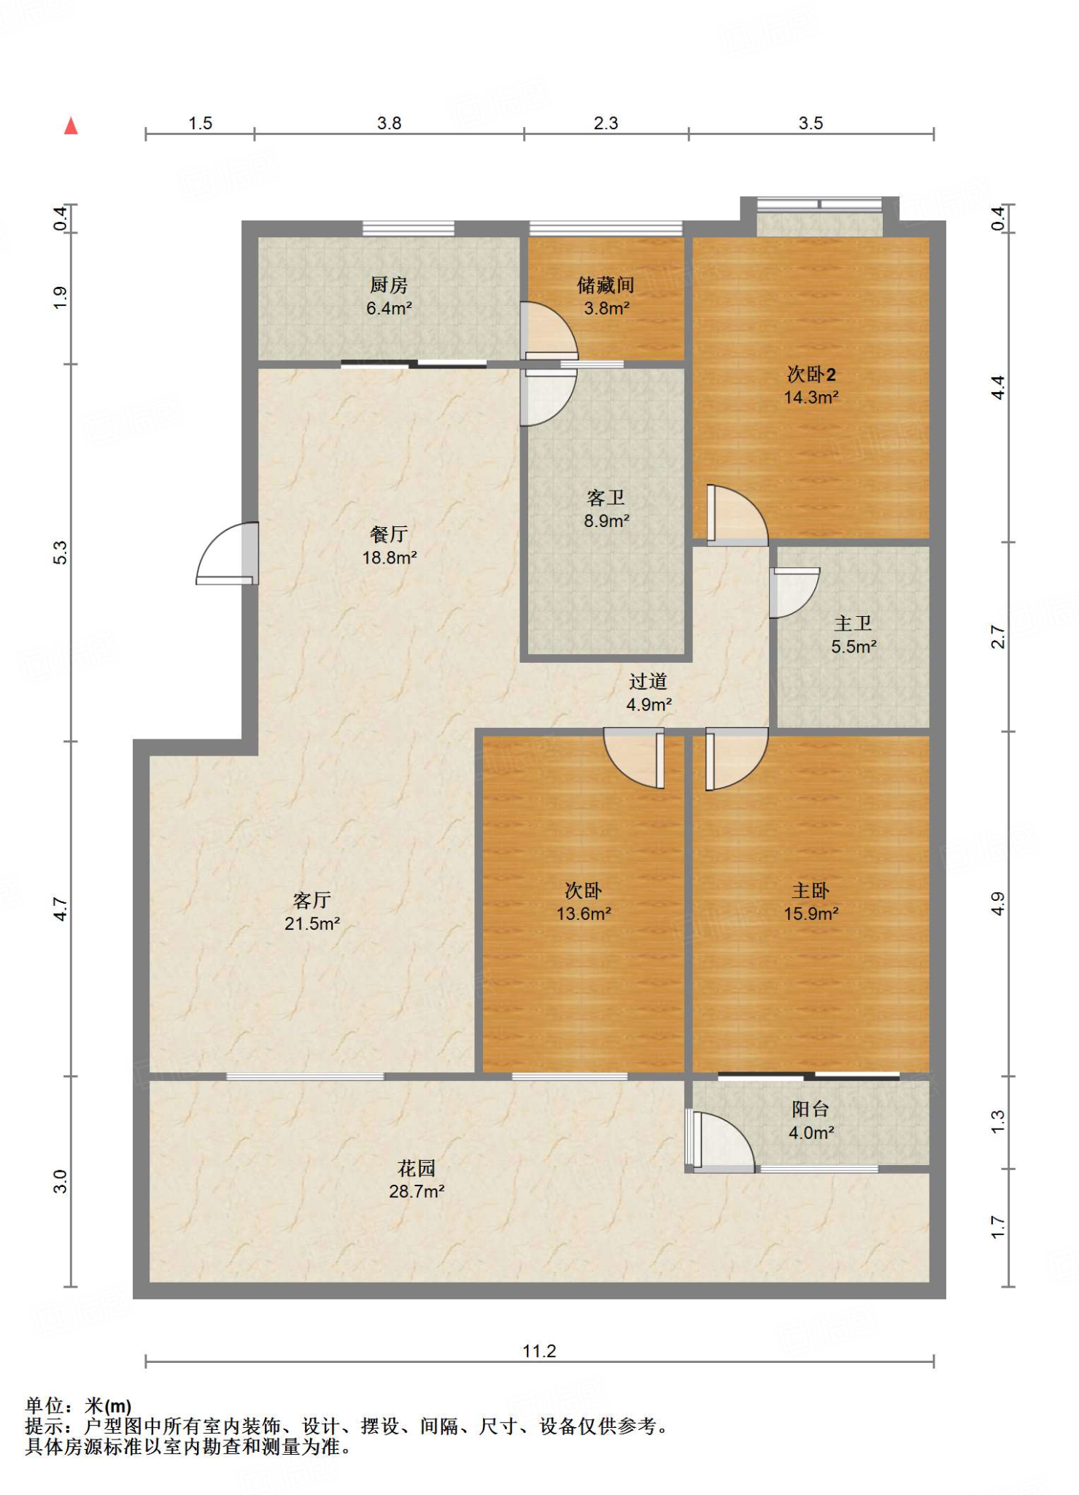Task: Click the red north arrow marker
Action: pyautogui.click(x=71, y=126)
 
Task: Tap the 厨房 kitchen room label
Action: pyautogui.click(x=389, y=285)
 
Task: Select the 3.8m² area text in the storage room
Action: pyautogui.click(x=606, y=308)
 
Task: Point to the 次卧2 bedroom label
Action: pyautogui.click(x=811, y=374)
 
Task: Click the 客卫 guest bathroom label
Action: pyautogui.click(x=606, y=498)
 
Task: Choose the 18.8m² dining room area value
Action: pyautogui.click(x=390, y=558)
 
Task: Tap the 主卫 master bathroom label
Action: pyautogui.click(x=854, y=623)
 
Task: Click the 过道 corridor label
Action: pyautogui.click(x=649, y=681)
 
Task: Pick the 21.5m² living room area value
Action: pyautogui.click(x=312, y=923)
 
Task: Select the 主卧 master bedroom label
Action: pyautogui.click(x=811, y=891)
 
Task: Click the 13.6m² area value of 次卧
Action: pyautogui.click(x=584, y=914)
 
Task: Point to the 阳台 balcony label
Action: pyautogui.click(x=811, y=1109)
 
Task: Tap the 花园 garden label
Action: pyautogui.click(x=417, y=1168)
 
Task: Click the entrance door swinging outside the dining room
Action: pyautogui.click(x=227, y=553)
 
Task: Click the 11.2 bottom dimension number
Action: pyautogui.click(x=539, y=1351)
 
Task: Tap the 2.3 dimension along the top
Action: pyautogui.click(x=606, y=123)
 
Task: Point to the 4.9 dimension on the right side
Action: pyautogui.click(x=998, y=904)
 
